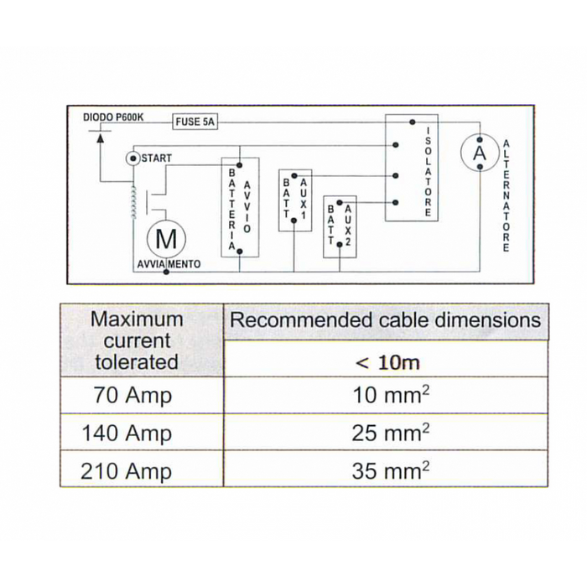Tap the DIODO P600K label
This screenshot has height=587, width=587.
pos(113,118)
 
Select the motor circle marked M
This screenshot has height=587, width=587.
pos(166,240)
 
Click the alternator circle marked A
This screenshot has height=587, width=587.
pos(479,153)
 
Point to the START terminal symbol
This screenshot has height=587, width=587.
pos(132,158)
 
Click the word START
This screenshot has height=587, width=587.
pos(157,158)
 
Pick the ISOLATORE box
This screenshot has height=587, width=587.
pos(412,168)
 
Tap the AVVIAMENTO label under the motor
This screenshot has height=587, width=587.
pos(168,264)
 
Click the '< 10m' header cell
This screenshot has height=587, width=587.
pos(387,362)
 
